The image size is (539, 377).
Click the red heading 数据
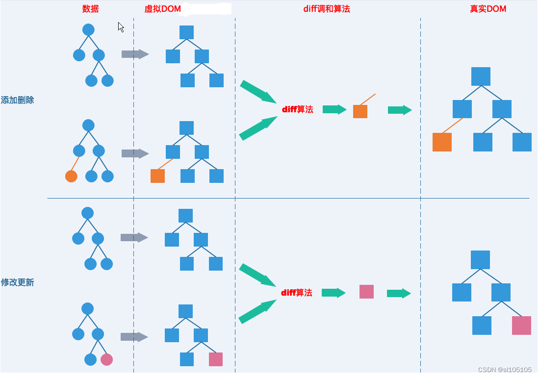pyautogui.click(x=91, y=9)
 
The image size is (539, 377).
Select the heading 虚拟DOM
pyautogui.click(x=162, y=9)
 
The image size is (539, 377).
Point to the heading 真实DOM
pyautogui.click(x=488, y=9)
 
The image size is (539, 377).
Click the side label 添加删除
pyautogui.click(x=17, y=100)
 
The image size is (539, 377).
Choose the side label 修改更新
pyautogui.click(x=17, y=283)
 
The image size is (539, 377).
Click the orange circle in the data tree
pyautogui.click(x=71, y=176)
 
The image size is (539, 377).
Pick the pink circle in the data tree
pyautogui.click(x=106, y=360)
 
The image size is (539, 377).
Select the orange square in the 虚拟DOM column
pyautogui.click(x=157, y=176)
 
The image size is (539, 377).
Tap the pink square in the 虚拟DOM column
pyautogui.click(x=216, y=359)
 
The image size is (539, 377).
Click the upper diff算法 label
pyautogui.click(x=297, y=109)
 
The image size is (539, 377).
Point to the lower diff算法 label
pyautogui.click(x=296, y=293)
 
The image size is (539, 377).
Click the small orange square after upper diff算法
pyautogui.click(x=360, y=111)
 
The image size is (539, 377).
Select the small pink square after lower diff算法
pyautogui.click(x=366, y=292)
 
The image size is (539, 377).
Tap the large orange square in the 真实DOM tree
pyautogui.click(x=442, y=142)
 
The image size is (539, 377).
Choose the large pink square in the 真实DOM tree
pyautogui.click(x=521, y=326)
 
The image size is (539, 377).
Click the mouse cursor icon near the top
pyautogui.click(x=121, y=27)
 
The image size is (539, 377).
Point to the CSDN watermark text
pyautogui.click(x=505, y=370)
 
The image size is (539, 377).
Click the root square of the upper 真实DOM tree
pyautogui.click(x=481, y=76)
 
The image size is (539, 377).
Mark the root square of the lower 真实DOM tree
pyautogui.click(x=480, y=260)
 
